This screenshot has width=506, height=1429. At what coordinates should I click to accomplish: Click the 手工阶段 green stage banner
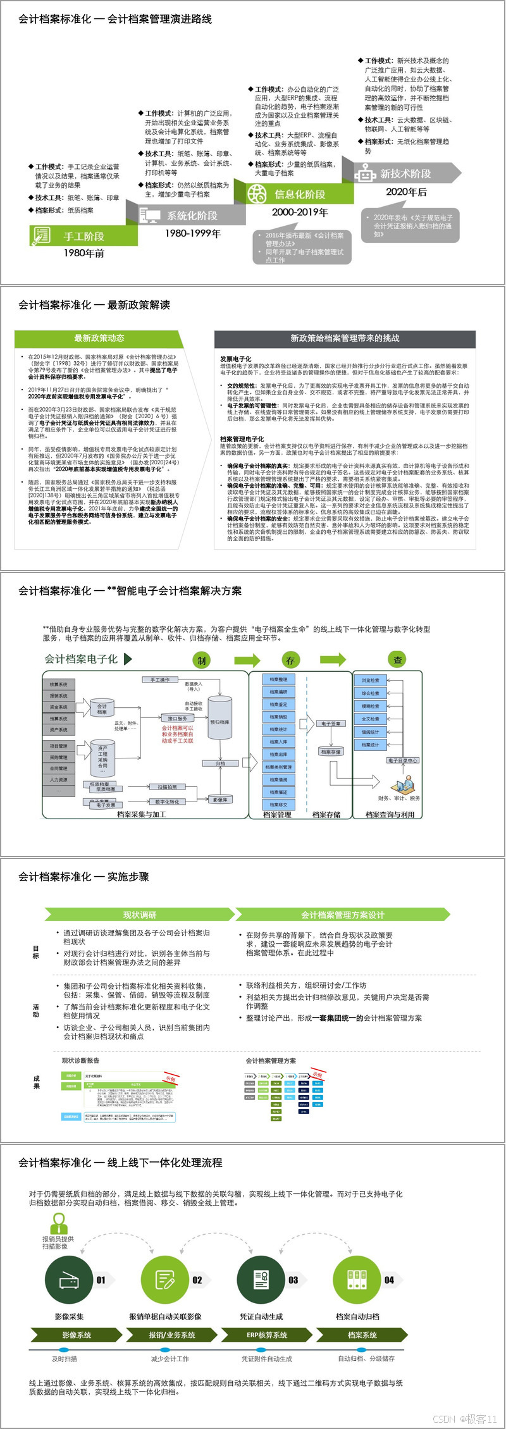(x=83, y=236)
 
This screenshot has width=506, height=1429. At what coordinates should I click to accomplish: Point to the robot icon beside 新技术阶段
(x=365, y=173)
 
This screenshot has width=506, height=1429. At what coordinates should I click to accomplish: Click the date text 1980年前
(x=83, y=253)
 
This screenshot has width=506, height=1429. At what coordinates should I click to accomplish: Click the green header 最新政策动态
(x=99, y=338)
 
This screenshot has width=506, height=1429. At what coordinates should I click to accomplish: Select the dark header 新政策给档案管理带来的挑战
(x=345, y=338)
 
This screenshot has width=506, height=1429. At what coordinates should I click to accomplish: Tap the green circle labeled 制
(x=201, y=660)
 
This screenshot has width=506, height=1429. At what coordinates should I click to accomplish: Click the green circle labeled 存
(x=290, y=660)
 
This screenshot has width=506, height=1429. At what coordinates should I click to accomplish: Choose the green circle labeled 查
(x=397, y=660)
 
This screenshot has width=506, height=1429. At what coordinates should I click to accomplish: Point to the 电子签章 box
(x=330, y=724)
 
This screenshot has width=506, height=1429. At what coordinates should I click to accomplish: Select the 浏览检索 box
(x=371, y=680)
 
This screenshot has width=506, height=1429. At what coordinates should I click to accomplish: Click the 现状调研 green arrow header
(x=139, y=915)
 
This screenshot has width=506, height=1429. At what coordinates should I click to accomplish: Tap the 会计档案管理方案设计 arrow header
(x=342, y=915)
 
